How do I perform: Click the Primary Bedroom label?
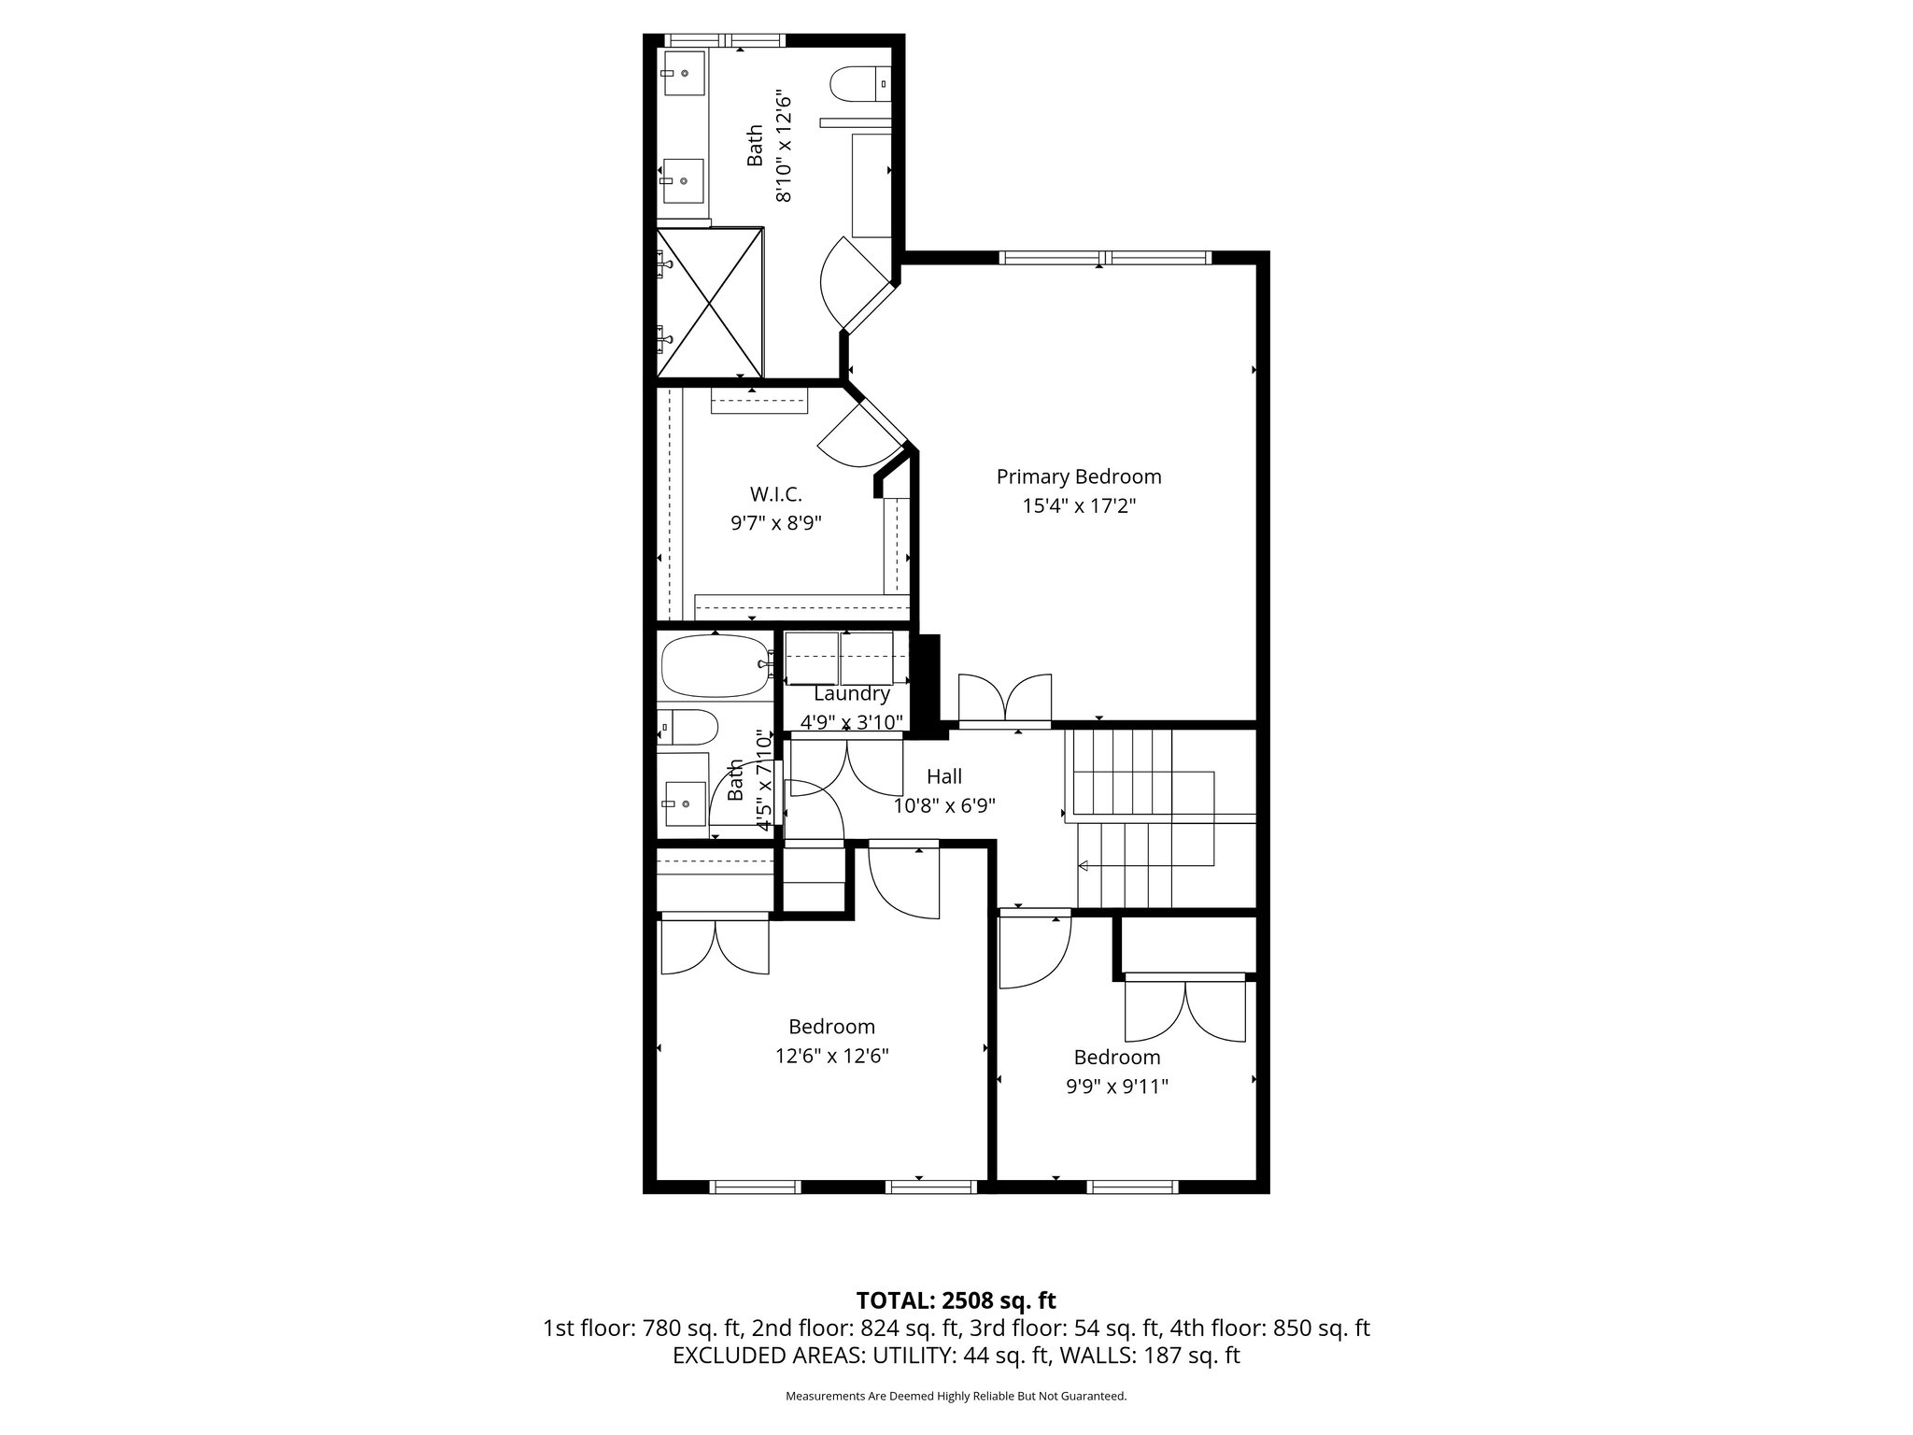(1078, 476)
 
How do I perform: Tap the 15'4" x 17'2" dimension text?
(1078, 506)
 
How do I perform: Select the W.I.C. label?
(775, 493)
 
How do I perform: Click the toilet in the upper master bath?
(859, 83)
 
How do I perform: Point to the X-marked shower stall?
(709, 304)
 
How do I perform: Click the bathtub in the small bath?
(714, 665)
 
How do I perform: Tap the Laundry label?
(851, 694)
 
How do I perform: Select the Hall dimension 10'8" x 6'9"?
(944, 805)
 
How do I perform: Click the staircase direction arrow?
(1084, 867)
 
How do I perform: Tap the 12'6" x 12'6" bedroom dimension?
(831, 1056)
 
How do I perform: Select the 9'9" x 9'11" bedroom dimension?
(1116, 1087)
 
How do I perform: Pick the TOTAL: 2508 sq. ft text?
(956, 1300)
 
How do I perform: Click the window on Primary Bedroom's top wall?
(1104, 258)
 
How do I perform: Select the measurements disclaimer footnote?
(956, 1396)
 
